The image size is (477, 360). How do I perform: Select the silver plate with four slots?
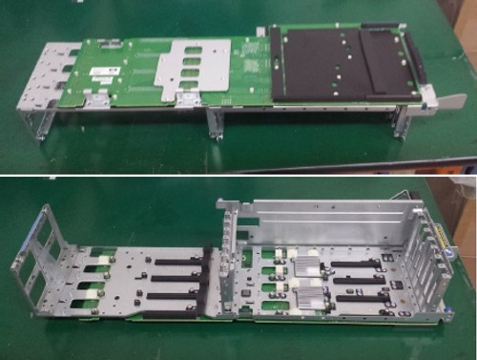point(195,69)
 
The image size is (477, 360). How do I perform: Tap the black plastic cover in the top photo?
point(340,63)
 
